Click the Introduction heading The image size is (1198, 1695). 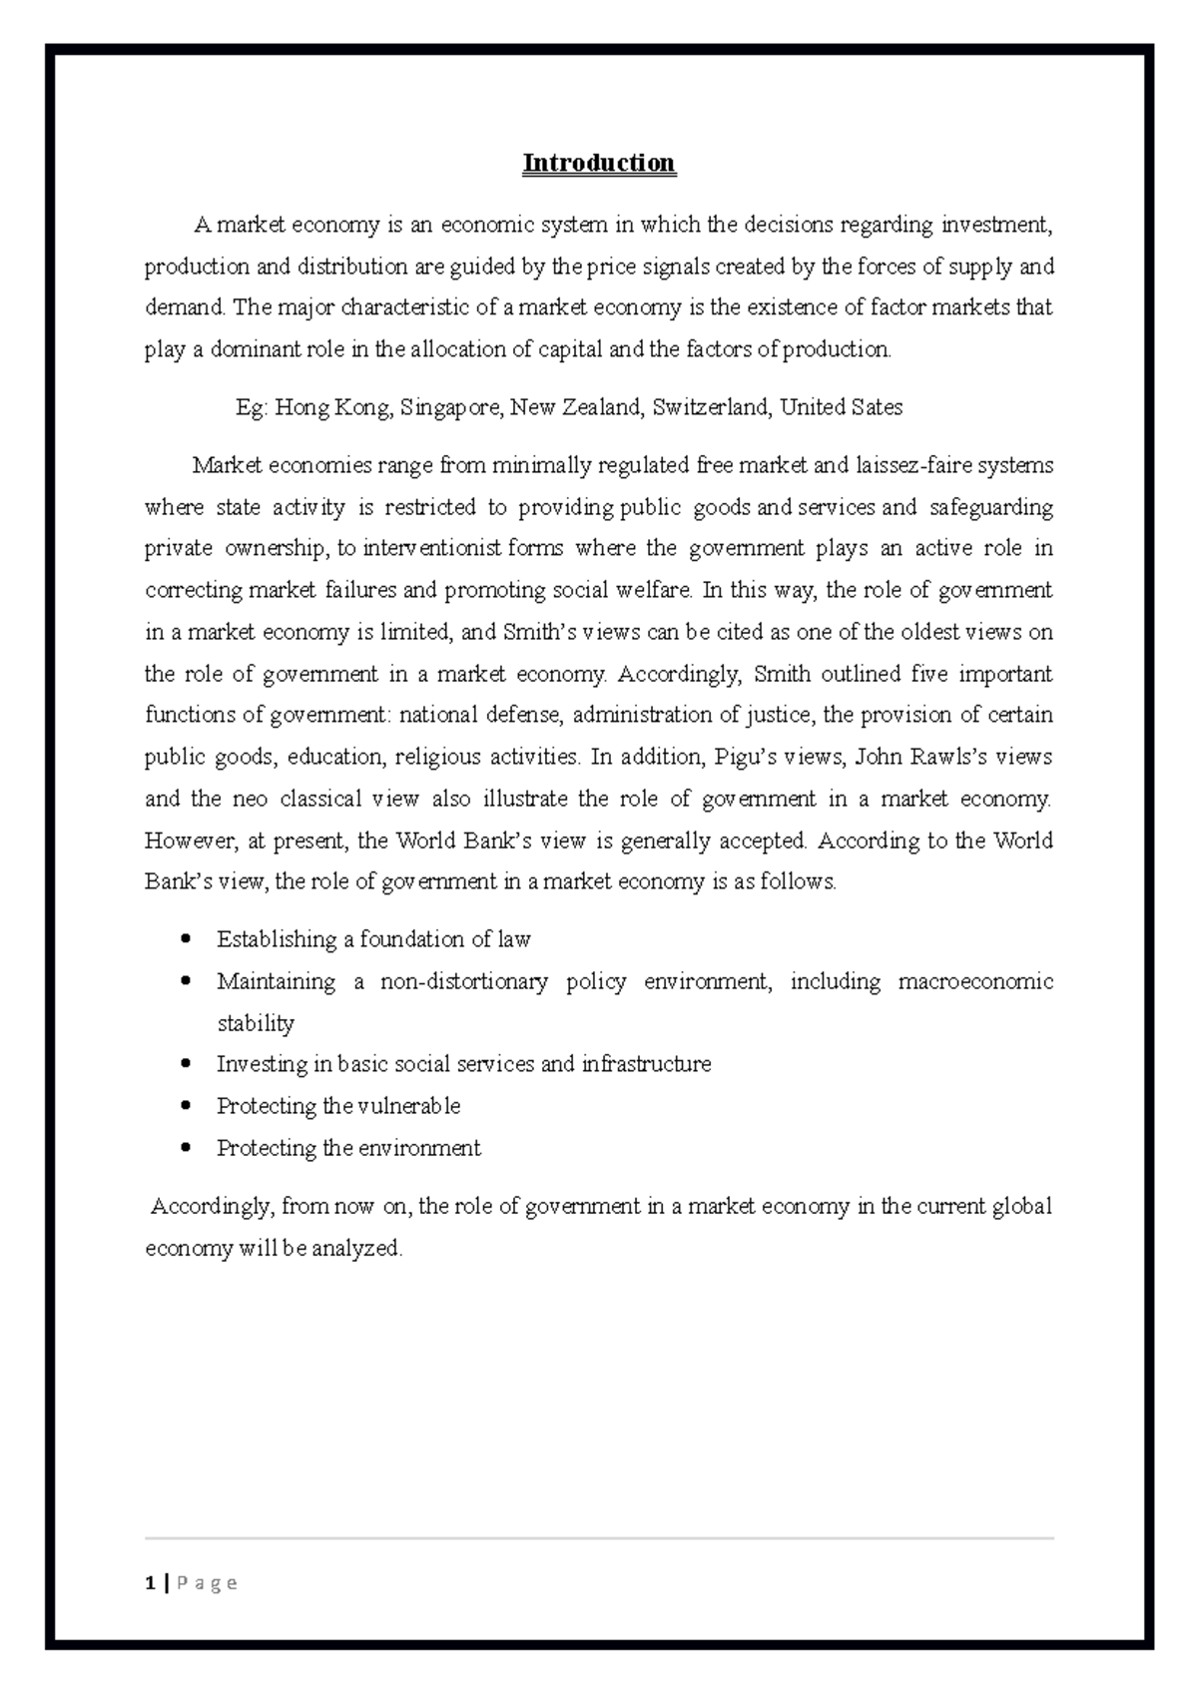point(599,163)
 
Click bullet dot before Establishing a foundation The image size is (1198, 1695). point(187,939)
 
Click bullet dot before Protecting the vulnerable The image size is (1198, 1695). point(187,1106)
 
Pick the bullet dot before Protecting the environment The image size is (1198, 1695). point(187,1148)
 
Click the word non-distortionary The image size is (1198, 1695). point(464,982)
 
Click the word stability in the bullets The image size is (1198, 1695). point(256,1023)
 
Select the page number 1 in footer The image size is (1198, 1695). point(150,1583)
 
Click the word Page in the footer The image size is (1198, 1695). point(208,1583)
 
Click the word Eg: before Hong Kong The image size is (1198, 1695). point(251,407)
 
